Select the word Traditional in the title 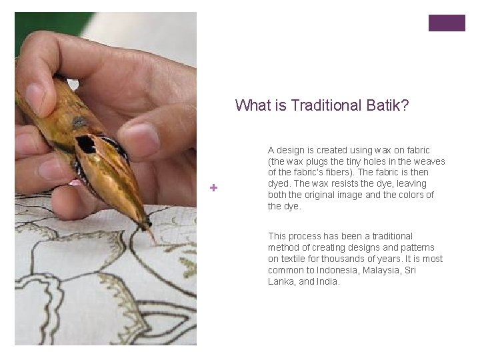326,105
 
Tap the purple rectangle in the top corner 447,23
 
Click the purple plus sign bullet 213,188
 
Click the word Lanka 281,281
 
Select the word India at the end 328,281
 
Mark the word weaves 430,161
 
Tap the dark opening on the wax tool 86,143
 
